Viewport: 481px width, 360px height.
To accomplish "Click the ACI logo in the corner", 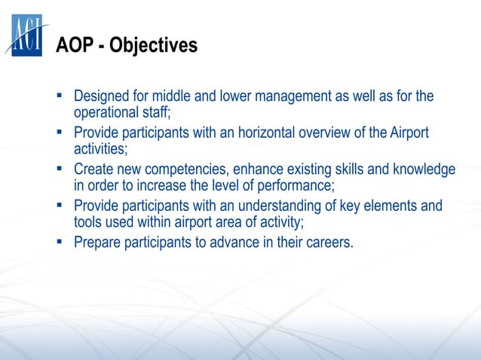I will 26,35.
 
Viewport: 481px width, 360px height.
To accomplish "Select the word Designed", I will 103,97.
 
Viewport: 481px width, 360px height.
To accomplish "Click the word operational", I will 106,112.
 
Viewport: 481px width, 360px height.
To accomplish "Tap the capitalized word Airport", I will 409,133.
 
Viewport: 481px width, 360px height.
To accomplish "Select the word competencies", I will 197,169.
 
